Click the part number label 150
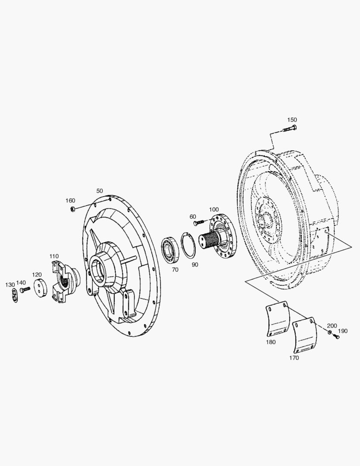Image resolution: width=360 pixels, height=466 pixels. tap(292, 120)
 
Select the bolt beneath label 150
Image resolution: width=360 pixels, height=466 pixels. tap(290, 129)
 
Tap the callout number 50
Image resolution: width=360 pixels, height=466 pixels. tap(100, 191)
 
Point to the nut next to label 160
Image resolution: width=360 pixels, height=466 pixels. tap(72, 209)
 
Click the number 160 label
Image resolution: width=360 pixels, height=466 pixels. tap(70, 201)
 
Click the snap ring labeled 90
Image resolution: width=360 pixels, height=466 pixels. tap(188, 246)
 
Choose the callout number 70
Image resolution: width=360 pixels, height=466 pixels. tap(175, 270)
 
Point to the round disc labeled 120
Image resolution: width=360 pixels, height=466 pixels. tap(40, 288)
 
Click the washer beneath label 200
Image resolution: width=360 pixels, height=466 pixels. tap(329, 334)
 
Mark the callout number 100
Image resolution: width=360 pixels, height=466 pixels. tap(213, 209)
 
